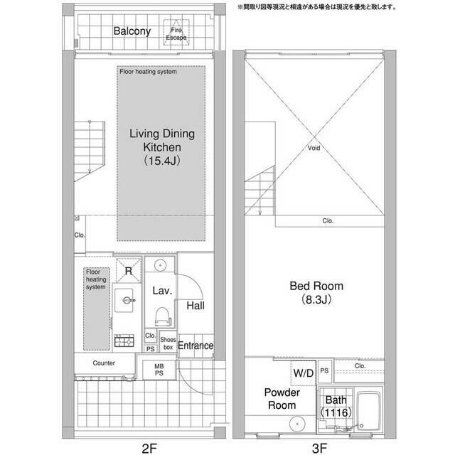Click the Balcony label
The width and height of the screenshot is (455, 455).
tap(132, 31)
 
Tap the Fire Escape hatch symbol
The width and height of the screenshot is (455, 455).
tap(176, 33)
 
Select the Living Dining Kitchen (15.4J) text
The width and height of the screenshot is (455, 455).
tap(162, 147)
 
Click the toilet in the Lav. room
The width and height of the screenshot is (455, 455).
tap(163, 316)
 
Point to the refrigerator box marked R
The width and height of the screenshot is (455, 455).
tap(129, 270)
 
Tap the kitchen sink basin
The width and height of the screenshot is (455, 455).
tap(124, 300)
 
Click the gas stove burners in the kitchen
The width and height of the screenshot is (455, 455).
tap(124, 341)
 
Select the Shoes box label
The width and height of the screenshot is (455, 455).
tap(168, 343)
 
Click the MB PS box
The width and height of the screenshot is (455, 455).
tap(159, 370)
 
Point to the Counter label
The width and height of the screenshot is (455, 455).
tap(104, 363)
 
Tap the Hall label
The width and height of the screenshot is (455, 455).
tap(196, 306)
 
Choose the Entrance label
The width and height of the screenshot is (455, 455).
tap(196, 346)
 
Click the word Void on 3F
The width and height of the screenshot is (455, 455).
tap(314, 148)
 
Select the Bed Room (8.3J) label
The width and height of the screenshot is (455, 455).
tap(316, 292)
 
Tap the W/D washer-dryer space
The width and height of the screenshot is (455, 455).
tap(304, 373)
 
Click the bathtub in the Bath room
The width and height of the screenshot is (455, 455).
tap(368, 411)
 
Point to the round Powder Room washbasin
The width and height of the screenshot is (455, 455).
tap(297, 424)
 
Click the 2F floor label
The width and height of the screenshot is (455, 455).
tap(149, 449)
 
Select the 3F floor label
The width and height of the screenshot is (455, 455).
tap(319, 449)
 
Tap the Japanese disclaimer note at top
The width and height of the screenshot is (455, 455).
tap(317, 7)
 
